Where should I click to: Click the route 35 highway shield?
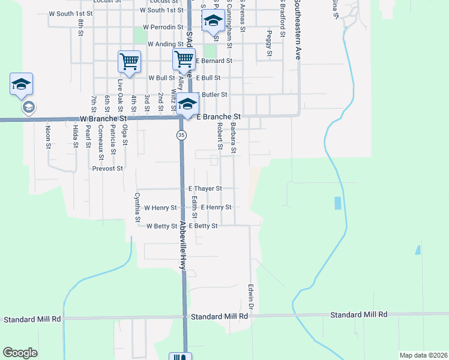(181, 136)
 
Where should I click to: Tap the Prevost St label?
(107, 169)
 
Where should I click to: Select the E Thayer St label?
(205, 188)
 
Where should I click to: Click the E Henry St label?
(216, 207)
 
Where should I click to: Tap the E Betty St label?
(203, 226)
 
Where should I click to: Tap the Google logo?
(20, 353)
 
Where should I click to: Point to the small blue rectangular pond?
(337, 203)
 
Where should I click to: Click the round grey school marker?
(28, 107)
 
